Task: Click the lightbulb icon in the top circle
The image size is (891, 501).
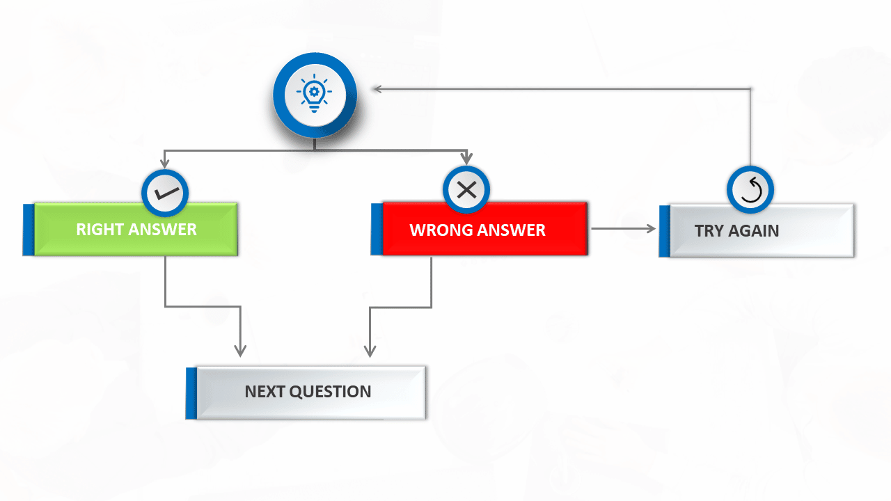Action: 314,93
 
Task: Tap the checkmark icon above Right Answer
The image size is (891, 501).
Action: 166,193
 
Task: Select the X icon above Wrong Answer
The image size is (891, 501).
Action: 466,190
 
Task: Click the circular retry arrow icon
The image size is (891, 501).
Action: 750,190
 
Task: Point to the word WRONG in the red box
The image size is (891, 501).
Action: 441,230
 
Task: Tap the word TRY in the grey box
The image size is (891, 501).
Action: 709,231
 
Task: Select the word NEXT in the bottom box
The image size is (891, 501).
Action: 265,392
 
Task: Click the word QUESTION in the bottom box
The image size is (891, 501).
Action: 330,392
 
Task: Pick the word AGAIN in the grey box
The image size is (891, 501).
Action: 753,231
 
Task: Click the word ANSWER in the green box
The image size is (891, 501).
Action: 162,230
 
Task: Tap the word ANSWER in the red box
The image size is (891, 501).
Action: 511,230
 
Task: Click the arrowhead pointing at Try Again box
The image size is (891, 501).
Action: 651,229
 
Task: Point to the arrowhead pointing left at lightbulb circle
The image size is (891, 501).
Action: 378,89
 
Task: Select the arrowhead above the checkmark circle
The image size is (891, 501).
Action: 165,163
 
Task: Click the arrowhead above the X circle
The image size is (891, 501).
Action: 466,159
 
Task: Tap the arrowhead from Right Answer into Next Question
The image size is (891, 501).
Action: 240,351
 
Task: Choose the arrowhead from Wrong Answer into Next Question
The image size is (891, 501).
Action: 370,351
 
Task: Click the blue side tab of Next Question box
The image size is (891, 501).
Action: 191,393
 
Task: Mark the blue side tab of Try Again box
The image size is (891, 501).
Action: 665,232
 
